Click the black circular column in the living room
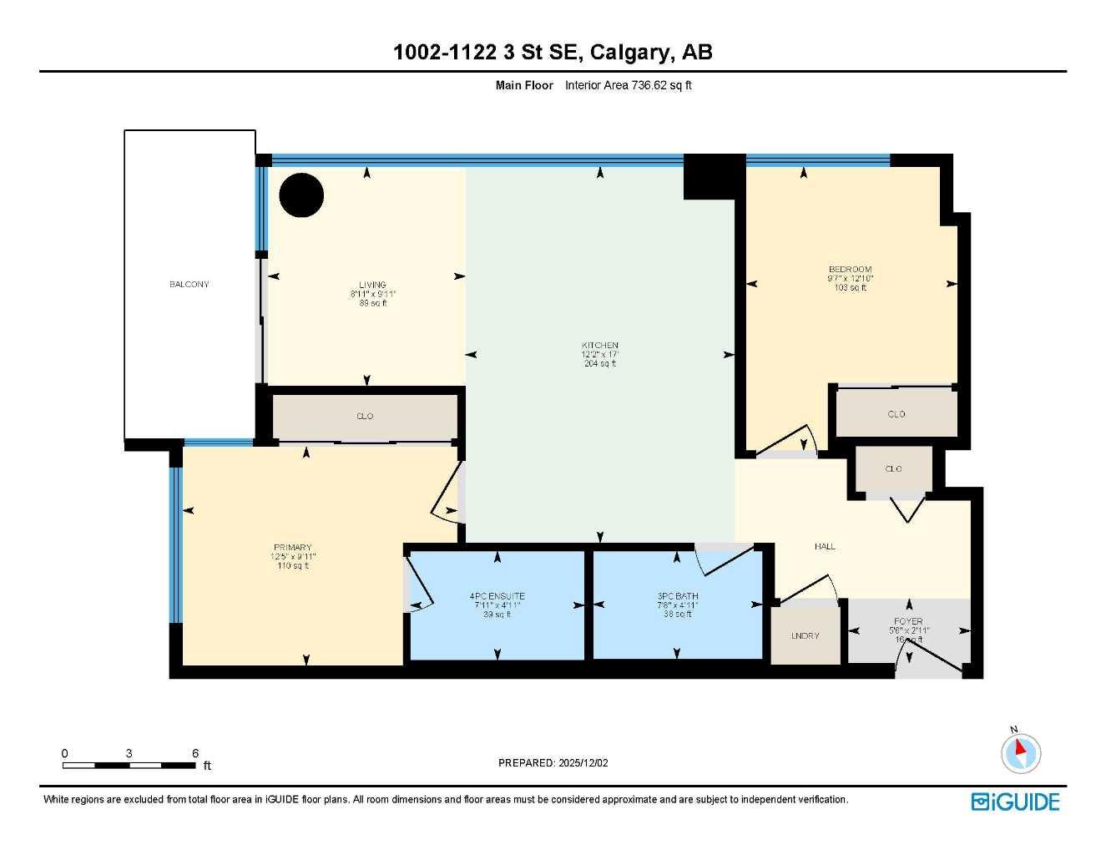pos(300,195)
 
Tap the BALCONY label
pos(189,285)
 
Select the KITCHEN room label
pos(600,346)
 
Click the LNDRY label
pos(805,636)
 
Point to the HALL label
pos(825,547)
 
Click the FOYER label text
pos(908,621)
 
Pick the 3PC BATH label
pos(677,596)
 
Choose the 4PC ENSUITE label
pos(497,596)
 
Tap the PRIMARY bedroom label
pos(292,548)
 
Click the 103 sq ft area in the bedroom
pos(850,288)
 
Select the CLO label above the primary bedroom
pos(365,416)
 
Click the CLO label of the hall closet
pos(893,469)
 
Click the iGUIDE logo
pos(1015,802)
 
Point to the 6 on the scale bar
pos(195,753)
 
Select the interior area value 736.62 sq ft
pos(628,85)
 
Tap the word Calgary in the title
pos(630,53)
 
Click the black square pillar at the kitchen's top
pos(714,176)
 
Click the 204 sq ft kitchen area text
pos(600,364)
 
